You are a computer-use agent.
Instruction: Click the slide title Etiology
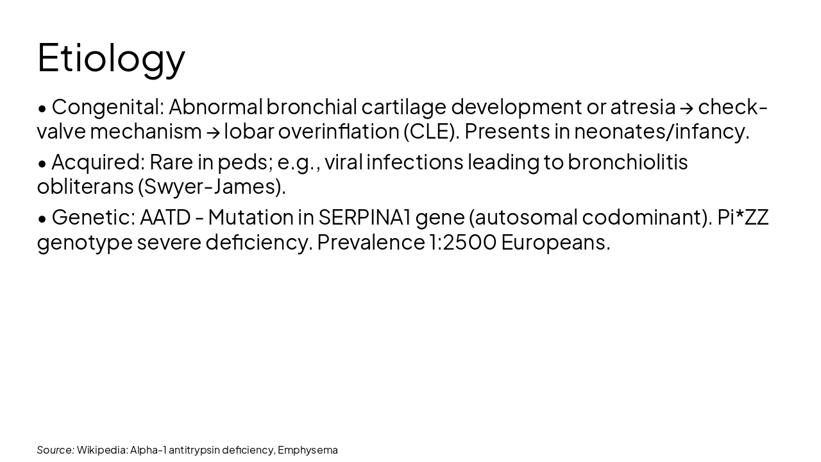(x=111, y=58)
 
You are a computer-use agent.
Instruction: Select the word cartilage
(x=403, y=107)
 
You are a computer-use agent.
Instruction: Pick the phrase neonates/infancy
(x=661, y=132)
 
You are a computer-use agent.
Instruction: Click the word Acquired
(x=96, y=162)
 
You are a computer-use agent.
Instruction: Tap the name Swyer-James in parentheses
(x=212, y=187)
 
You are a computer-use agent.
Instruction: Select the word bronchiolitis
(x=627, y=162)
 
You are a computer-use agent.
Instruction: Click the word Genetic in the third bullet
(x=93, y=218)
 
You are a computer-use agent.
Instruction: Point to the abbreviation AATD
(x=165, y=218)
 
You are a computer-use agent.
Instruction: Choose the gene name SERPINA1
(x=364, y=218)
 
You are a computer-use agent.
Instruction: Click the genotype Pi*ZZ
(x=743, y=218)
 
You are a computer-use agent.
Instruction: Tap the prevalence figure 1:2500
(x=462, y=243)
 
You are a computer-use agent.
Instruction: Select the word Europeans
(x=555, y=243)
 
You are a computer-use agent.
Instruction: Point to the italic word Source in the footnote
(x=55, y=450)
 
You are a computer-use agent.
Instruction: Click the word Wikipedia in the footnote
(x=101, y=450)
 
